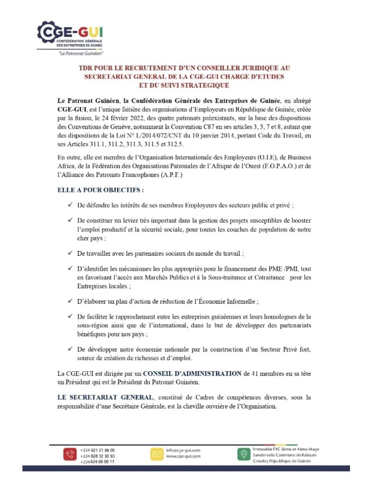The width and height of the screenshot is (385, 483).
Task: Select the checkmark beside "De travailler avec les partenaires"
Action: click(x=69, y=253)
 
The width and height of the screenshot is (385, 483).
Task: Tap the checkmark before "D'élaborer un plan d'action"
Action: click(x=69, y=300)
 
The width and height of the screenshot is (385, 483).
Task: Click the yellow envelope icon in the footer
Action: click(x=156, y=454)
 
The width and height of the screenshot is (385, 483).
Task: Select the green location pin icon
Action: click(x=243, y=454)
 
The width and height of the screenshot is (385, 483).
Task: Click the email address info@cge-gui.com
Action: click(x=183, y=450)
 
